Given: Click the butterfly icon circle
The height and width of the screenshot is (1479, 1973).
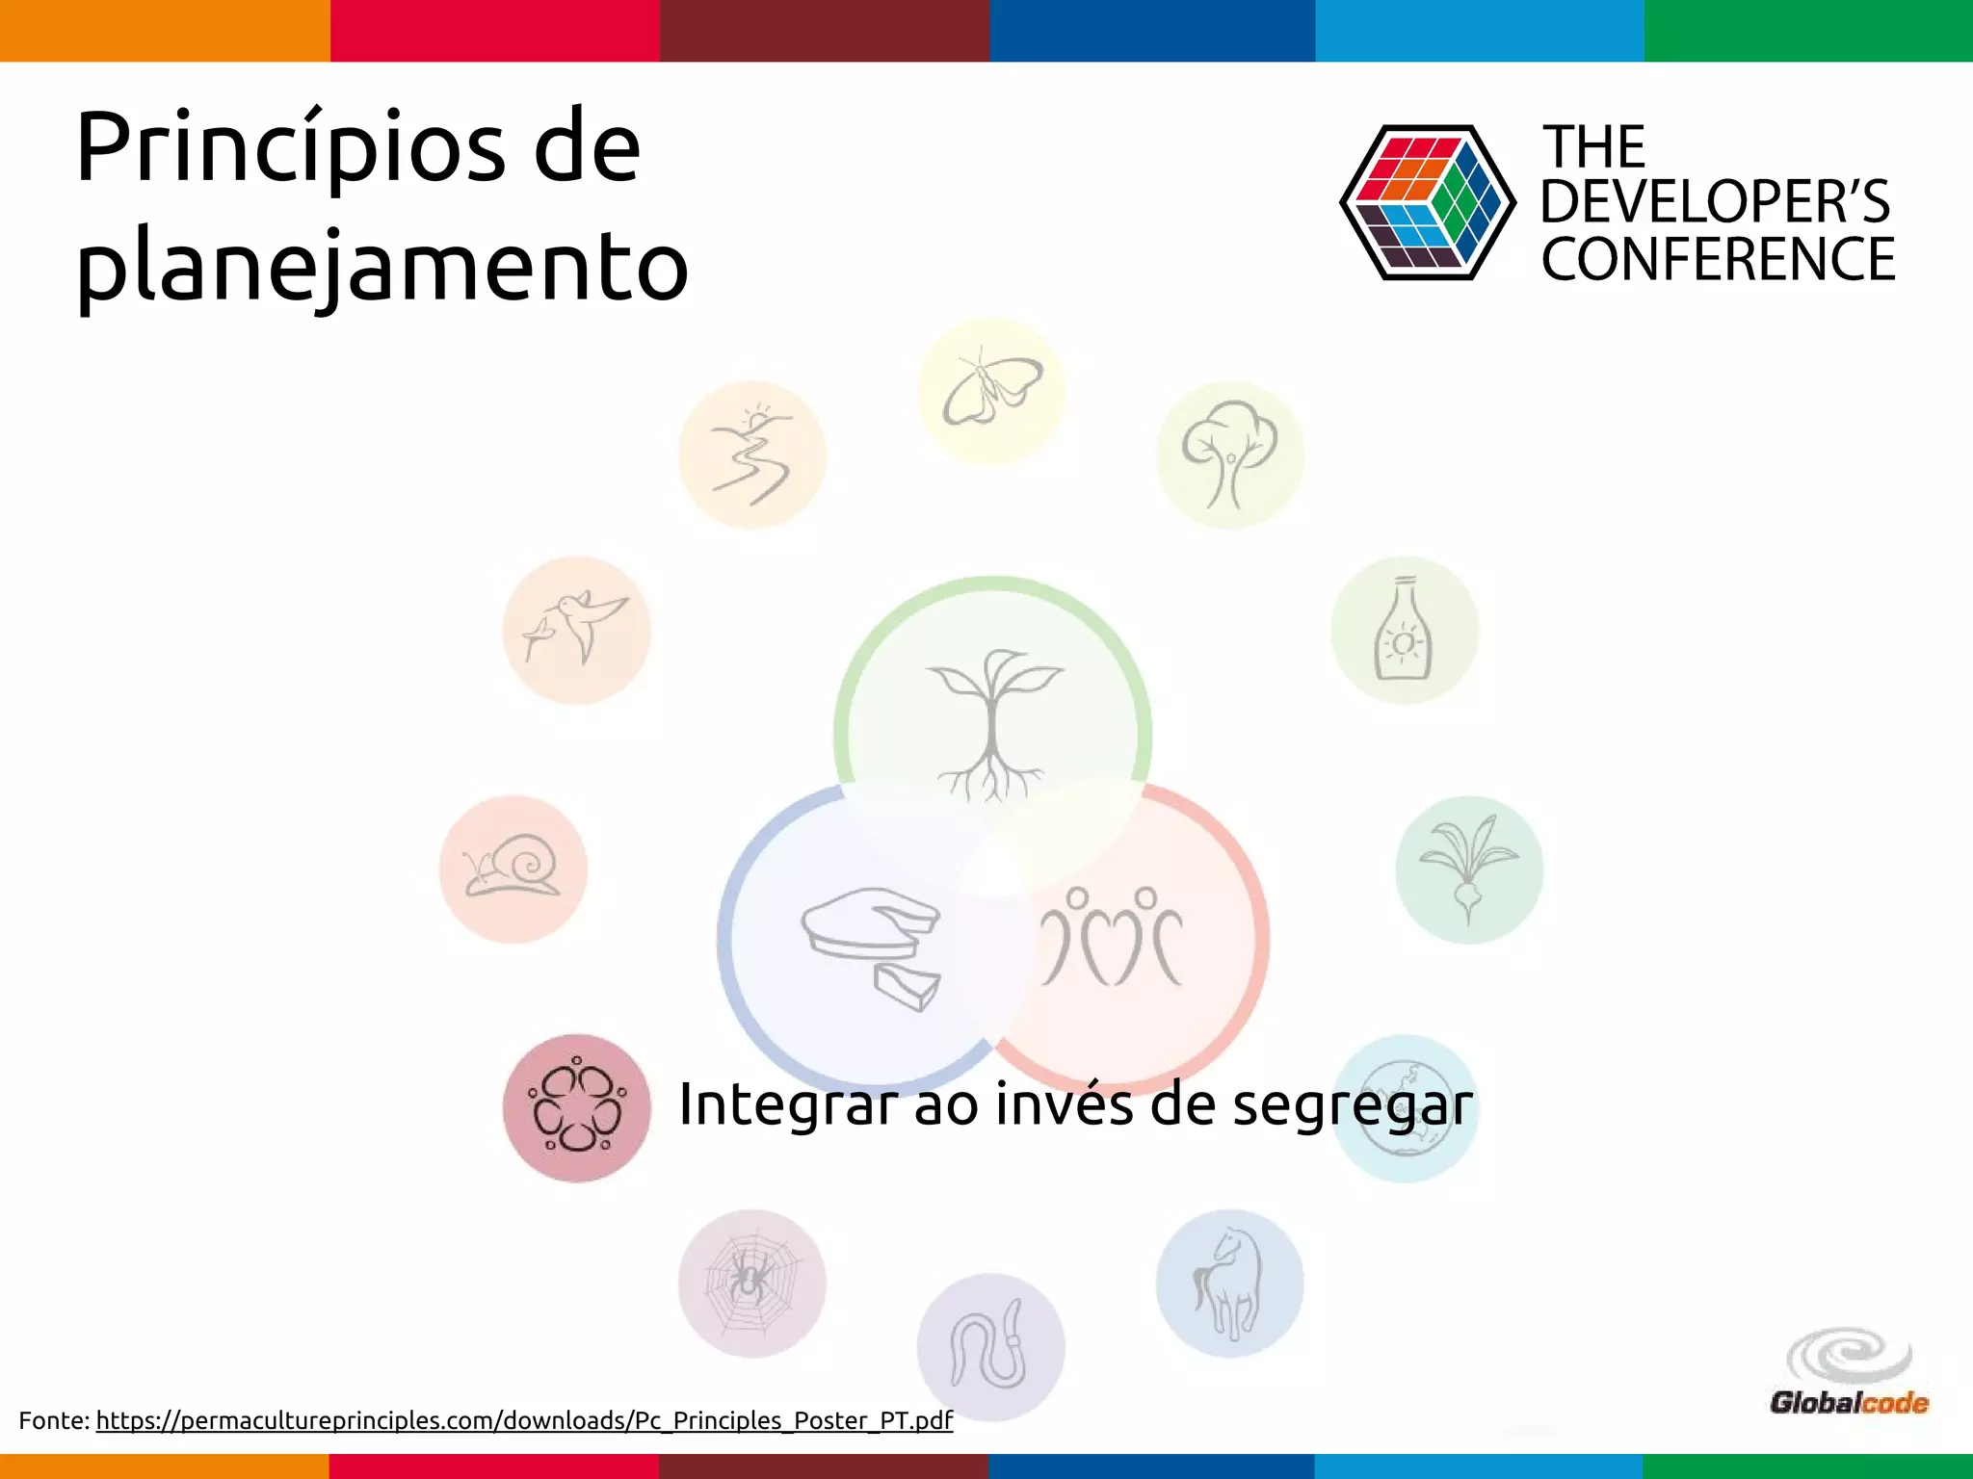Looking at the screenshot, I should click(991, 391).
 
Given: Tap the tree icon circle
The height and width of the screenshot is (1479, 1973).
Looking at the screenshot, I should click(1230, 454).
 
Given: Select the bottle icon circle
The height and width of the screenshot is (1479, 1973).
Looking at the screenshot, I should click(1405, 630).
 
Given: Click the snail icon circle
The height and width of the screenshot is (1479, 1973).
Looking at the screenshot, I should click(513, 869).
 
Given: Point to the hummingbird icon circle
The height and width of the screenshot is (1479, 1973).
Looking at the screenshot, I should click(577, 630).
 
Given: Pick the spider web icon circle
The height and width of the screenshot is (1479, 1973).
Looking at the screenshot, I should click(751, 1283).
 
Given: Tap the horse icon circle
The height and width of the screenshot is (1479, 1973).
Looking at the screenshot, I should click(1229, 1283).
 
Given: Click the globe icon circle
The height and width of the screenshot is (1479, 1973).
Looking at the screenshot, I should click(1405, 1108).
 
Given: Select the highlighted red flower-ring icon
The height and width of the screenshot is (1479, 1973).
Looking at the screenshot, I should click(577, 1108).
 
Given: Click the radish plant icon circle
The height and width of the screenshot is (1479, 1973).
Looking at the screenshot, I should click(1468, 869).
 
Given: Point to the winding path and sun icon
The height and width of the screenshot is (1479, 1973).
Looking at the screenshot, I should click(751, 454).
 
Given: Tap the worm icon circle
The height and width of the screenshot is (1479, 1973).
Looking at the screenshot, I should click(991, 1346).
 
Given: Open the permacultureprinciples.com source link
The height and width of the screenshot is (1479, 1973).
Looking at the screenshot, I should click(524, 1420).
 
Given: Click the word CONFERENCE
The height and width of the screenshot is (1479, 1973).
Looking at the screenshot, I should click(1718, 259).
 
